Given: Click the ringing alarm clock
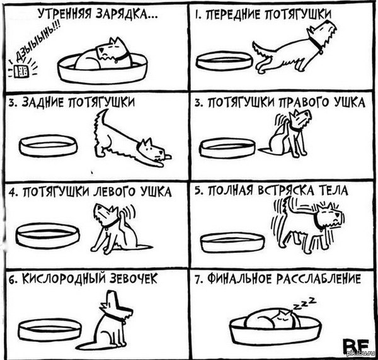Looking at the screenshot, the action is pyautogui.click(x=21, y=71).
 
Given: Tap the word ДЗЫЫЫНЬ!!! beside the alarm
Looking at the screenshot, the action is pyautogui.click(x=38, y=42).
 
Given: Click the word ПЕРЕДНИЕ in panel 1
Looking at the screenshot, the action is pyautogui.click(x=233, y=14).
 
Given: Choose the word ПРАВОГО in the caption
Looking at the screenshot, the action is pyautogui.click(x=304, y=103).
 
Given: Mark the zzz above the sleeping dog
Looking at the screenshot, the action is pyautogui.click(x=304, y=303).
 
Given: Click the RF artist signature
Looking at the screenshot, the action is pyautogui.click(x=356, y=346).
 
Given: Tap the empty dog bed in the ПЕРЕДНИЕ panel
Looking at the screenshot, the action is pyautogui.click(x=224, y=60).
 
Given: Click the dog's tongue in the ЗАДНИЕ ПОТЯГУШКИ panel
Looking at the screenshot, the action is pyautogui.click(x=168, y=157).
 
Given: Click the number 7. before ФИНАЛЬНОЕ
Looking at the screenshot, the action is pyautogui.click(x=198, y=280).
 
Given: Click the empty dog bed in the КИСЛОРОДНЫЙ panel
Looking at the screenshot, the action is pyautogui.click(x=50, y=330).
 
